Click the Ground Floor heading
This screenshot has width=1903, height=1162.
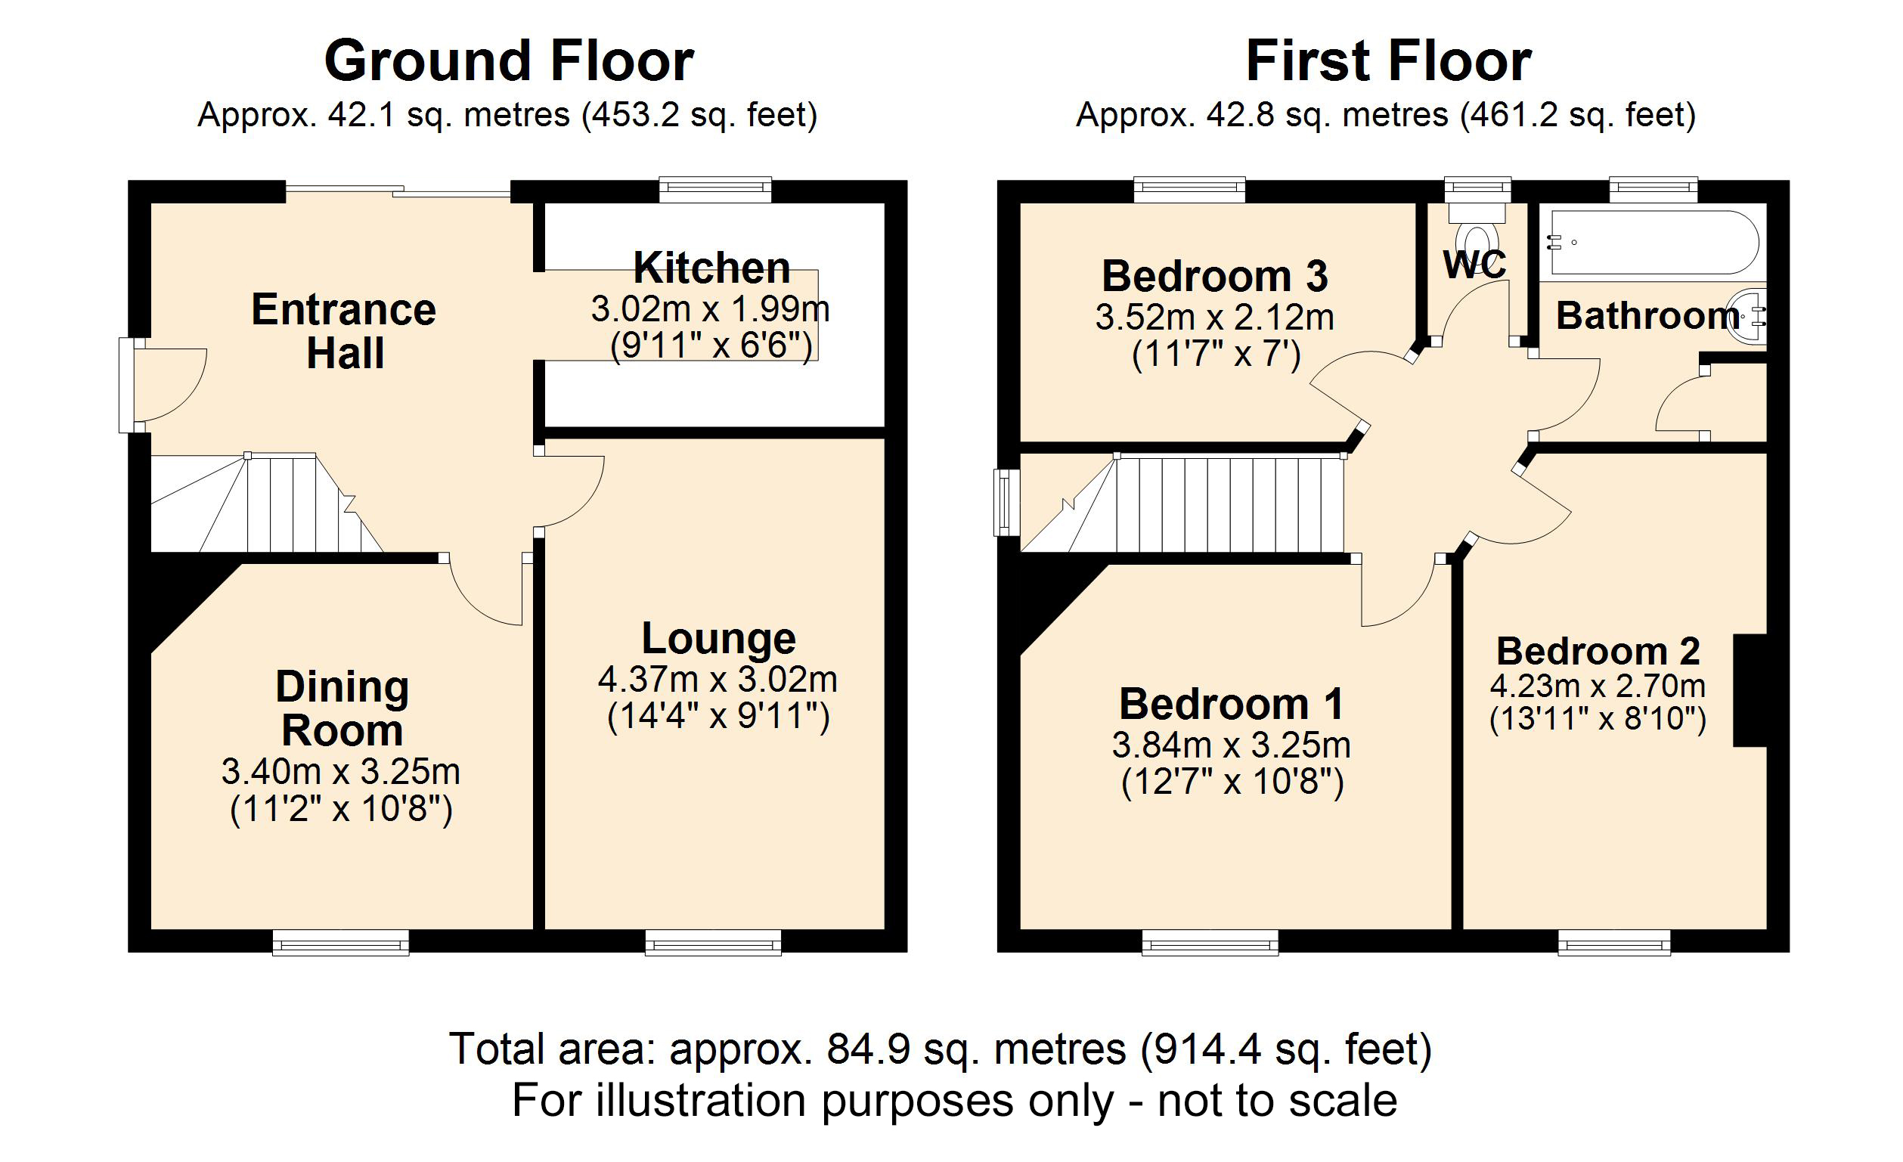tap(509, 62)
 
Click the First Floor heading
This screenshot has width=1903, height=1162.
tap(1388, 62)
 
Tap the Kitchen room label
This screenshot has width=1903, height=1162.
tap(711, 268)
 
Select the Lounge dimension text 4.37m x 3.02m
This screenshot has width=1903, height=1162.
tap(717, 680)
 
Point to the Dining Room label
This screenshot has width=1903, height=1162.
tap(342, 708)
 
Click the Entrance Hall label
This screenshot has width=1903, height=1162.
tap(344, 331)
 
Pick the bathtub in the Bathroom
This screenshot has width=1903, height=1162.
tap(1653, 242)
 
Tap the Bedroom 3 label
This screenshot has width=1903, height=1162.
tap(1215, 277)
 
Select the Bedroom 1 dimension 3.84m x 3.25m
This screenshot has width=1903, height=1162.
tap(1231, 746)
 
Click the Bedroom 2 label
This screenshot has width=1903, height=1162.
tap(1598, 652)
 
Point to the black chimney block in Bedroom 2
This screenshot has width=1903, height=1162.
tap(1750, 690)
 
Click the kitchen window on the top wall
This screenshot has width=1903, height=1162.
tap(715, 189)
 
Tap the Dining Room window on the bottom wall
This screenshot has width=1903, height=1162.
tap(340, 943)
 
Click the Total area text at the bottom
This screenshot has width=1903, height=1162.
tap(940, 1049)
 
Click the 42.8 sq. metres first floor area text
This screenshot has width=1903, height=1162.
tap(1327, 116)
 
